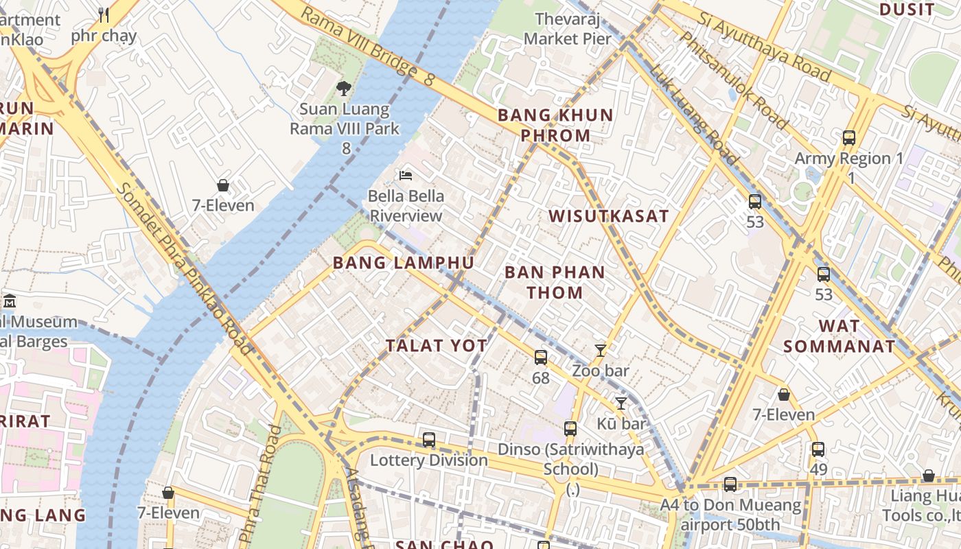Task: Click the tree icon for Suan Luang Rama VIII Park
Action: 344,88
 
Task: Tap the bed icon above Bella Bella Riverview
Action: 406,175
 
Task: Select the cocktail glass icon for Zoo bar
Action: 601,351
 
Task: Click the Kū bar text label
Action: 621,424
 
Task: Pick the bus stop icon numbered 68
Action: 541,358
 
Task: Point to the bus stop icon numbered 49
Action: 818,449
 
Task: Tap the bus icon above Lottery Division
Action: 429,440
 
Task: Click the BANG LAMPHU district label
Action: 404,263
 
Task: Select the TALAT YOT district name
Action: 437,346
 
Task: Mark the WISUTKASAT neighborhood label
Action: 609,216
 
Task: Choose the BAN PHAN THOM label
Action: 555,282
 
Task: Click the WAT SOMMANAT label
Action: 840,336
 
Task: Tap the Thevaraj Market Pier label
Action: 567,29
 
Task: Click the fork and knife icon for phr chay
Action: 104,15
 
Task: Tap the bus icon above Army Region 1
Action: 849,138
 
